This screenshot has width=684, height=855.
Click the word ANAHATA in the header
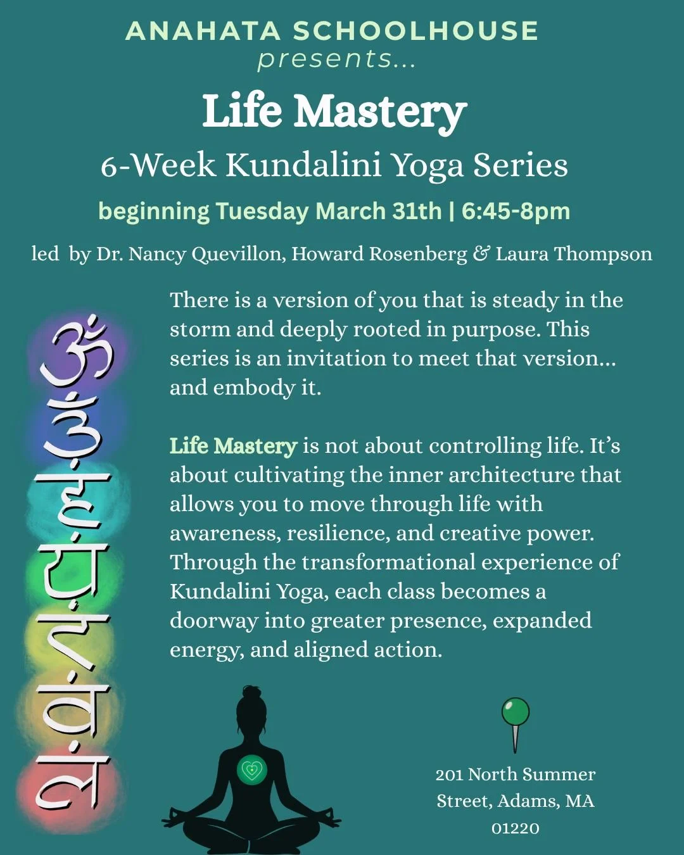(203, 32)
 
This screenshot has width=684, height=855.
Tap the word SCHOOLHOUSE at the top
(415, 32)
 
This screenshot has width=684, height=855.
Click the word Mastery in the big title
(381, 112)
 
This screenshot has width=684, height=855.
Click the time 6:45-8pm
(516, 211)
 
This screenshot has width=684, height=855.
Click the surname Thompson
(603, 254)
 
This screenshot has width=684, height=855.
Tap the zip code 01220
(516, 828)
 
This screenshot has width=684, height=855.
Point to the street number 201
(449, 775)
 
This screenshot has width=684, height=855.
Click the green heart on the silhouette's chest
(252, 770)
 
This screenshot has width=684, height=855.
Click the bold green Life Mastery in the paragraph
(233, 446)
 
